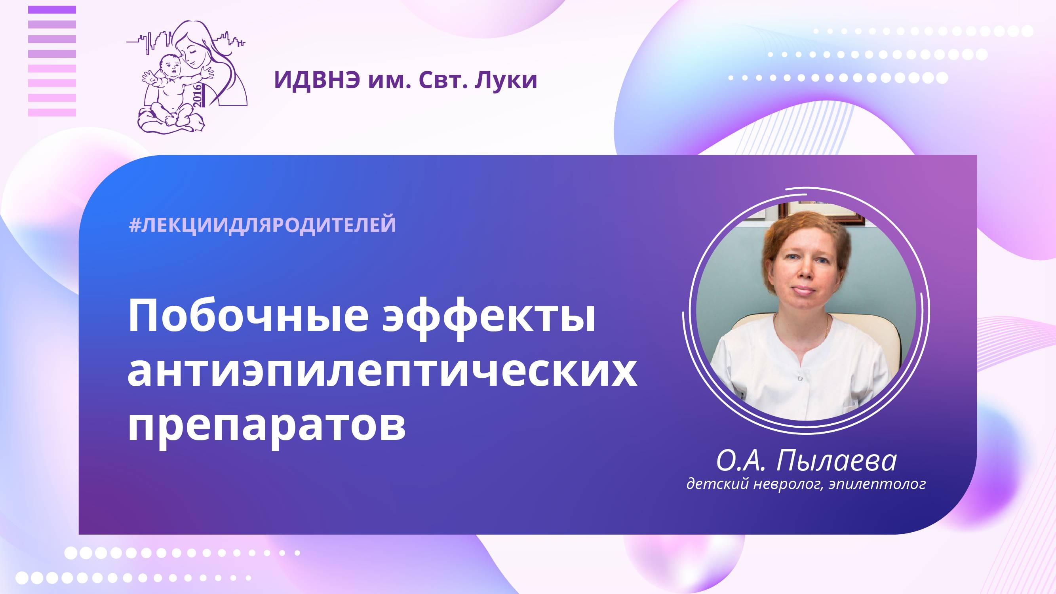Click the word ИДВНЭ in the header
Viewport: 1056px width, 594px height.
[317, 80]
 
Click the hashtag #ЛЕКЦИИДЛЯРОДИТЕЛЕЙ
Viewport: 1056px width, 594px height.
[263, 225]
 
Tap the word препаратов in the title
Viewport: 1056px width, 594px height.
[266, 426]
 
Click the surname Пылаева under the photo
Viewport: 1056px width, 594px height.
[836, 461]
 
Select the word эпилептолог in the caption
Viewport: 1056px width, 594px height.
[877, 484]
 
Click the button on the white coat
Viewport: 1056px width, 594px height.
[800, 378]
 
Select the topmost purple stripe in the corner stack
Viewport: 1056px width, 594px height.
[52, 10]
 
